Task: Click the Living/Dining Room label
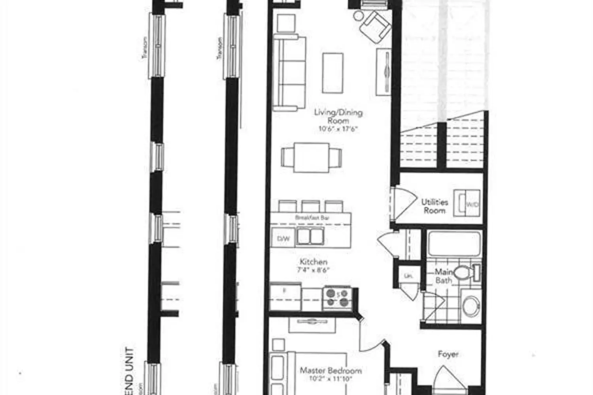point(338,117)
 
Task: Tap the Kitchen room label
point(313,262)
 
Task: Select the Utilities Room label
point(434,206)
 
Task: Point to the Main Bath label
point(444,276)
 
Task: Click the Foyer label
point(448,354)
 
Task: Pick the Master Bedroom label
point(331,371)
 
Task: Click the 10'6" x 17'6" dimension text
point(338,129)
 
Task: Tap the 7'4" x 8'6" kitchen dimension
point(314,271)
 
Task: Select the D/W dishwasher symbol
point(283,238)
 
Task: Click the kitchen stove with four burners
point(337,298)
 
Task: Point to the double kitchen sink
point(310,237)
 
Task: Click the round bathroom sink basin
point(470,305)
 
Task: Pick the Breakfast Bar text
point(312,218)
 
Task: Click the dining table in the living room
point(312,158)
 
